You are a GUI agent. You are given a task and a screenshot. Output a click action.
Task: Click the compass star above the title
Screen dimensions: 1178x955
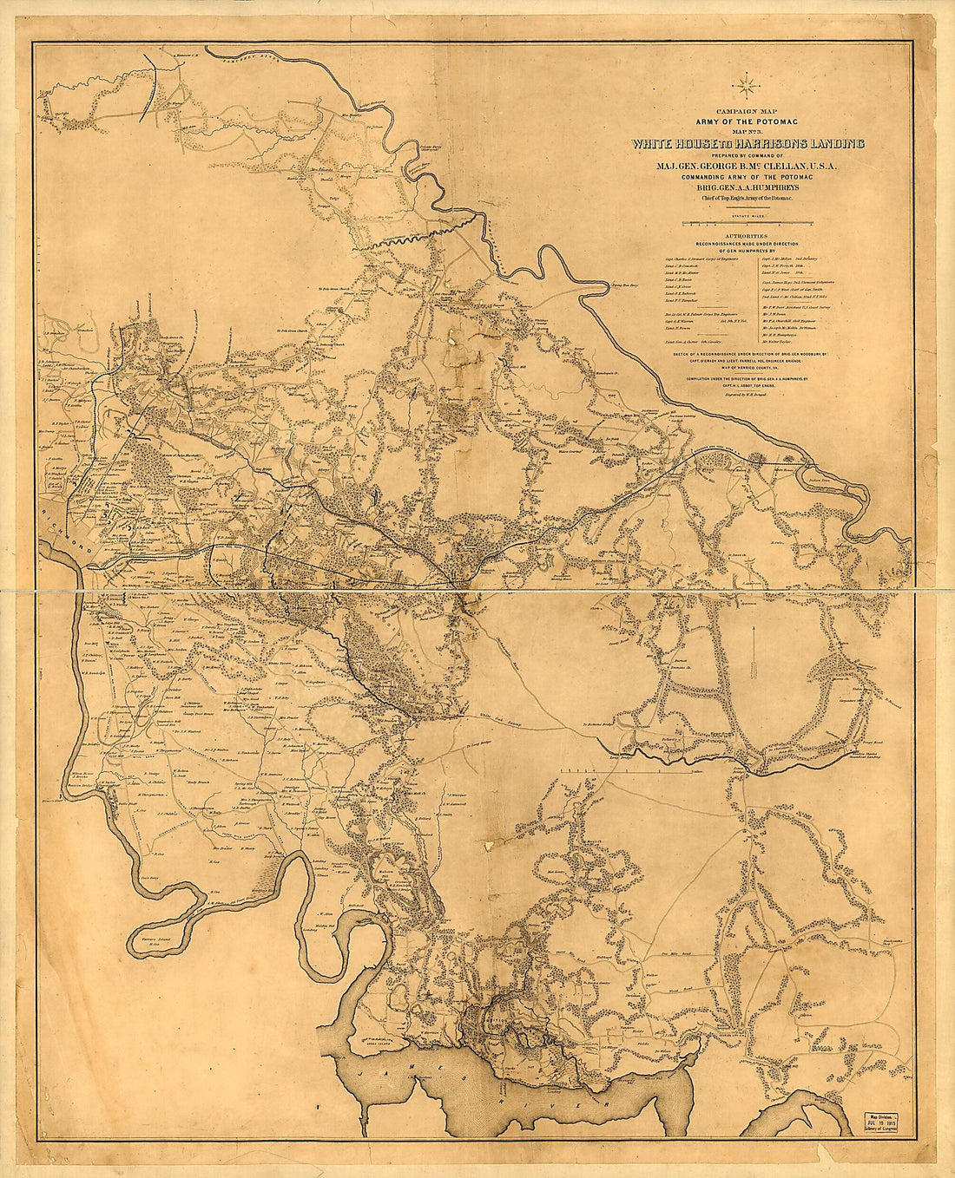click(x=746, y=86)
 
